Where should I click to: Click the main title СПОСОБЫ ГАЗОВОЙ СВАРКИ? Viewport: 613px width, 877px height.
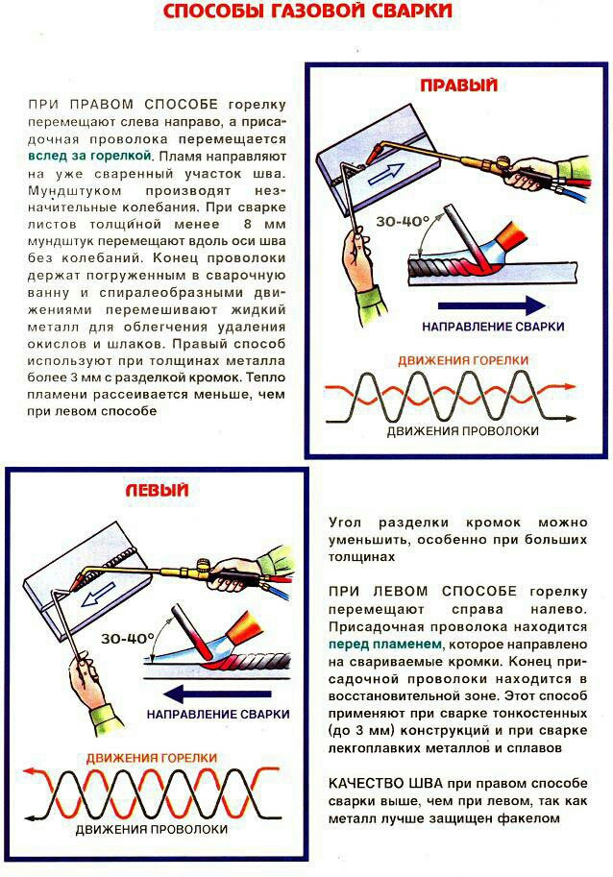[x=306, y=12]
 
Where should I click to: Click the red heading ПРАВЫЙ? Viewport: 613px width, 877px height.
[x=458, y=86]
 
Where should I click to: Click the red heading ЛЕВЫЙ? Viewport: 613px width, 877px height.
[x=156, y=490]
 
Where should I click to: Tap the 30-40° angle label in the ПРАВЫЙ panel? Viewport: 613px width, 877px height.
[x=402, y=221]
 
